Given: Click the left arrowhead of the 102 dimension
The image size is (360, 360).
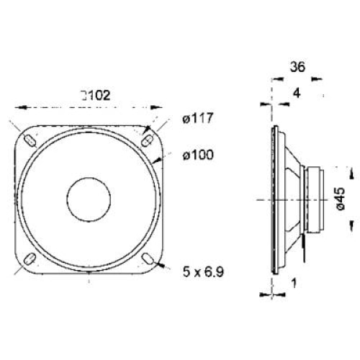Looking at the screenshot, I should [x=19, y=108].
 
